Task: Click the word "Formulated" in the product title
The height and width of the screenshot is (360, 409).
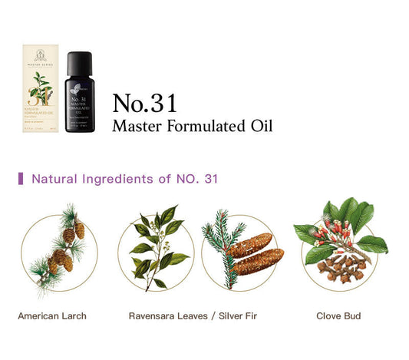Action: [200, 126]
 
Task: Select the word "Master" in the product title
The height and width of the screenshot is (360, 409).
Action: [135, 126]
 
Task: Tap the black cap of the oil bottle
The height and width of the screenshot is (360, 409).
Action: [78, 62]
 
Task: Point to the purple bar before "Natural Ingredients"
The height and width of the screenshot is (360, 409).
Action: [21, 179]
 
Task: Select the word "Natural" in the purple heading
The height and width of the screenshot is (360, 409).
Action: [55, 179]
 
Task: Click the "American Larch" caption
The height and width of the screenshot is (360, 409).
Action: [52, 315]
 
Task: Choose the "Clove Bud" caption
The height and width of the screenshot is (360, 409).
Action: [338, 315]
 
